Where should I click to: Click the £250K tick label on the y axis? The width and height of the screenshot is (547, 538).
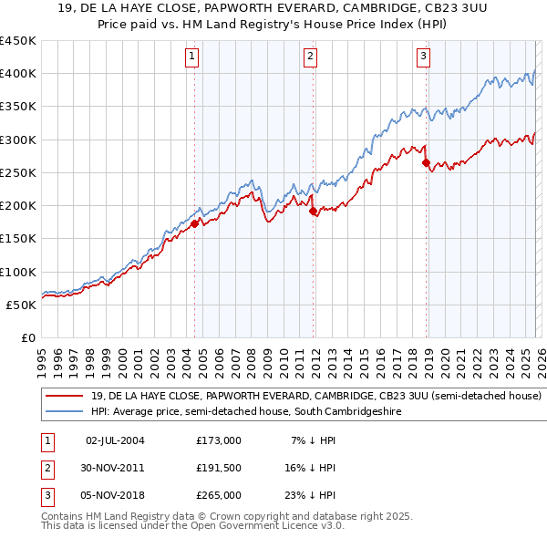(x=17, y=172)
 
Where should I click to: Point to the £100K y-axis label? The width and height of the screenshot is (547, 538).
(x=17, y=272)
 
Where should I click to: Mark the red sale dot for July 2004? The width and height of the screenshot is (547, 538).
(x=194, y=222)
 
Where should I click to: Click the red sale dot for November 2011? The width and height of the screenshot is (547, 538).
(x=314, y=211)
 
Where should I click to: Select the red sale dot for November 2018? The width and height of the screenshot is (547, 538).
(x=426, y=163)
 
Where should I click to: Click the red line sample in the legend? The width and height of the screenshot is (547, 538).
(x=64, y=397)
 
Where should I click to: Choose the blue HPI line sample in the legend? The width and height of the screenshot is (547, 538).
(x=64, y=412)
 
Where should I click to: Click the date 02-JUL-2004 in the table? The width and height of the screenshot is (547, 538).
(x=115, y=440)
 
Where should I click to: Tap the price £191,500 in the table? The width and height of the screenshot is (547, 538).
(x=219, y=468)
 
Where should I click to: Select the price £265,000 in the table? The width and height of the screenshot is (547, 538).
(x=219, y=495)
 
